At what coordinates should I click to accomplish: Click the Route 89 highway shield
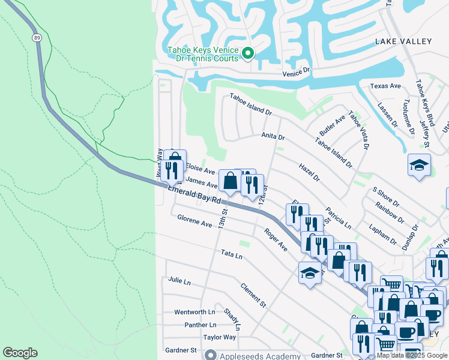click(x=37, y=37)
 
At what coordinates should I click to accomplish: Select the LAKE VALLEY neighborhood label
click(x=403, y=41)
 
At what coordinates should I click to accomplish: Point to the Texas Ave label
click(x=385, y=86)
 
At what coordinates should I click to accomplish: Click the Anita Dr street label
click(x=273, y=136)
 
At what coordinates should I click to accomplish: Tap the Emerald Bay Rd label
click(x=194, y=196)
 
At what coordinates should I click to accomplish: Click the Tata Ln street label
click(x=231, y=255)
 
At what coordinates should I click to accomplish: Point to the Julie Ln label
click(x=179, y=280)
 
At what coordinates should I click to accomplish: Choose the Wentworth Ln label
click(x=194, y=312)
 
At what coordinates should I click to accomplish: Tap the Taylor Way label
click(x=219, y=337)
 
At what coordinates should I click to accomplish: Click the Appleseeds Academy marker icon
click(x=209, y=356)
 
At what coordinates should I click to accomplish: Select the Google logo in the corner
click(x=20, y=353)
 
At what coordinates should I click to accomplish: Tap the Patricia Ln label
click(x=339, y=219)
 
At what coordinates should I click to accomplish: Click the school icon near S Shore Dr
click(x=419, y=165)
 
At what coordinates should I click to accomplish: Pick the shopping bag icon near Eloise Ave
click(x=230, y=179)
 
